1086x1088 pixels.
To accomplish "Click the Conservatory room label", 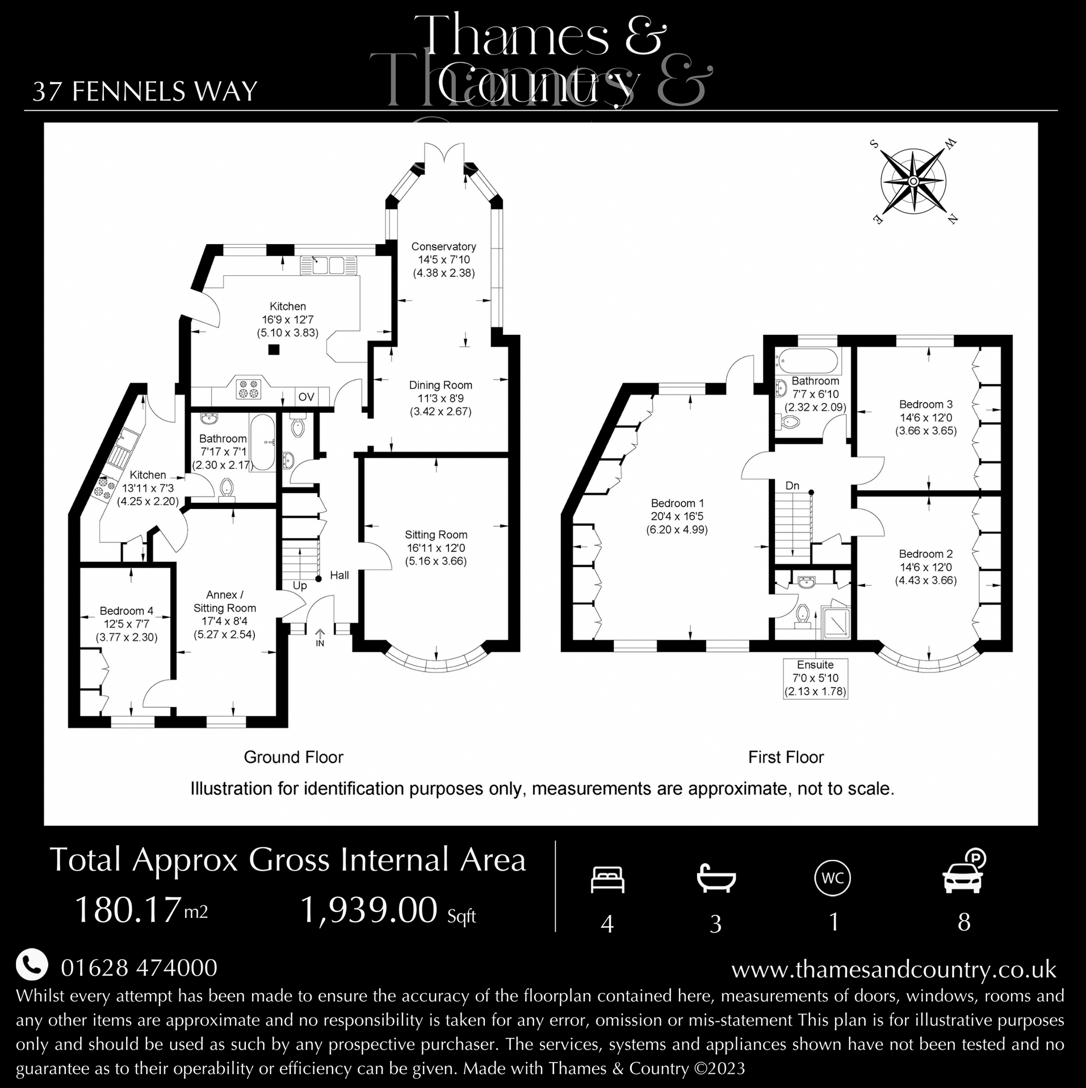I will coord(443,247).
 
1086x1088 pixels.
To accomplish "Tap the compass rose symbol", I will coord(913,181).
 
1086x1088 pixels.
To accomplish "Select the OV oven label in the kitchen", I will coord(306,397).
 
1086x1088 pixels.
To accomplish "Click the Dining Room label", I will coord(441,385).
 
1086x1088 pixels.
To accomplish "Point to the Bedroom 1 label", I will coord(677,503).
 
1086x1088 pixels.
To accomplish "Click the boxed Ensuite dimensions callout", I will coord(815,678).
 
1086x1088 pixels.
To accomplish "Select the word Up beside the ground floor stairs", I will coord(299,585).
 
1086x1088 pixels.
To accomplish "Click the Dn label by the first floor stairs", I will coord(792,486).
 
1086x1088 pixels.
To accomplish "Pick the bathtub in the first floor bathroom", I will coord(808,360).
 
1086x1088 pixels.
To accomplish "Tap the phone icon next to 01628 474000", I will coord(32,965).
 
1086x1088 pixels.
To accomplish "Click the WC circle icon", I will coord(832,879).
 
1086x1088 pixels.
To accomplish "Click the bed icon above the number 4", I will coord(607,880).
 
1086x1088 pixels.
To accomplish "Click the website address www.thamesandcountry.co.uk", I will coord(894,969).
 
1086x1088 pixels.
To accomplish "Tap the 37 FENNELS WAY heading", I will coord(145,91).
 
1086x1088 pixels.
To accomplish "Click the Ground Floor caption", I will coord(293,757).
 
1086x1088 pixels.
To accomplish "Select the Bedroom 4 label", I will coord(126,611).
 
